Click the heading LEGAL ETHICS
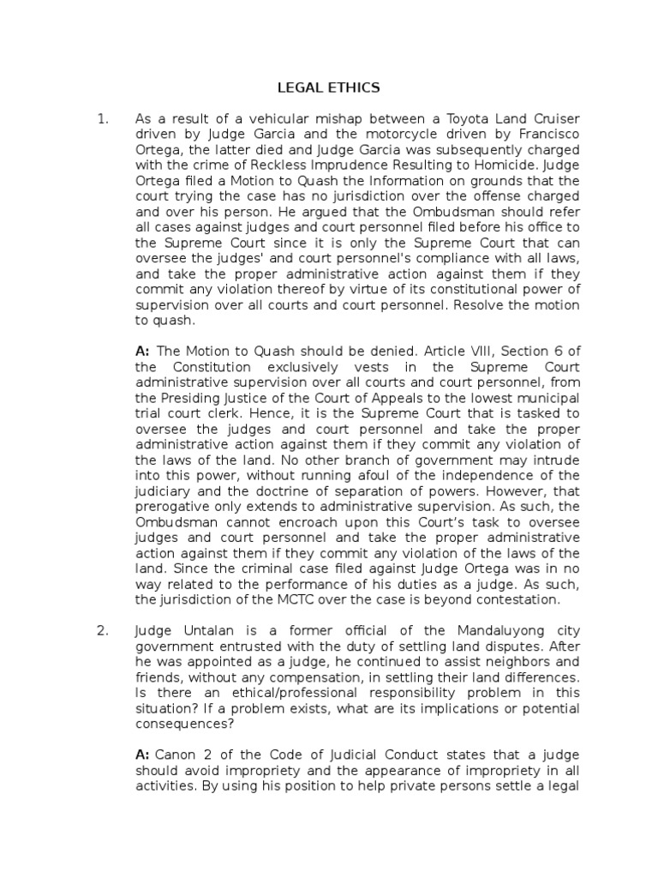tap(329, 87)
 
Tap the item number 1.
tap(102, 119)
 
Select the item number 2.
tap(102, 631)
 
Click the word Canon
tap(176, 755)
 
